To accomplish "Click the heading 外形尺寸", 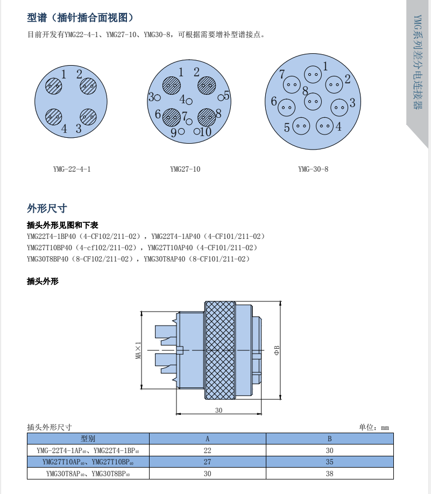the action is [x=47, y=208].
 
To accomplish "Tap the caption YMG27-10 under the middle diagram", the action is [x=185, y=169].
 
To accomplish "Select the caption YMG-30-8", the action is [x=313, y=169].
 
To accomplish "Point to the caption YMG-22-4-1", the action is [x=72, y=169].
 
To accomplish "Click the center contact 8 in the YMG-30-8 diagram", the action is [x=313, y=102].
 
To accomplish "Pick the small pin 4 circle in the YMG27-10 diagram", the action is [x=189, y=102].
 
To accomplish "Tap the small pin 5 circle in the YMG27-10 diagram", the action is [x=221, y=97].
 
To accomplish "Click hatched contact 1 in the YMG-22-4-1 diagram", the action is [x=54, y=86].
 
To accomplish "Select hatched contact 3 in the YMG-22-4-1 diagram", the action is [x=88, y=117].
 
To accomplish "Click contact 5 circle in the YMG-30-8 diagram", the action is [x=301, y=126].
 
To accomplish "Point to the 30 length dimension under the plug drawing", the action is [x=218, y=410].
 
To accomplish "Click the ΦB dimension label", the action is [x=277, y=350].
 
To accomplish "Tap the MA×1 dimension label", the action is [x=138, y=350].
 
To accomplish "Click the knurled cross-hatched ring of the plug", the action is [x=220, y=350].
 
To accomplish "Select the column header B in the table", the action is [x=329, y=439].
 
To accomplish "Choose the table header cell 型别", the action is [x=88, y=439].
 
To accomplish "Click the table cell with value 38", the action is [x=329, y=474].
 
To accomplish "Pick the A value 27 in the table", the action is [x=207, y=462].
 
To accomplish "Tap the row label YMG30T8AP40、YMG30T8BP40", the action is [x=88, y=474].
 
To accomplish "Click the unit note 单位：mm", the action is [x=374, y=427].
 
